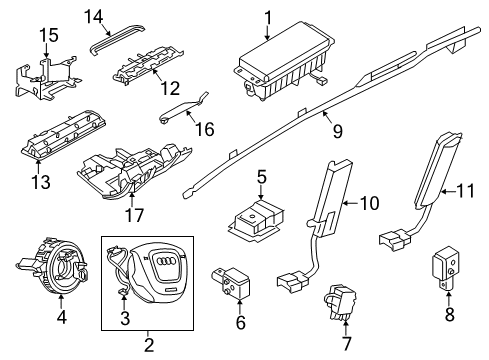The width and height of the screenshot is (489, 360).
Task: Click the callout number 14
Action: [x=93, y=15]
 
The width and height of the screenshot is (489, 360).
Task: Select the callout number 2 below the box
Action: [x=149, y=346]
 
